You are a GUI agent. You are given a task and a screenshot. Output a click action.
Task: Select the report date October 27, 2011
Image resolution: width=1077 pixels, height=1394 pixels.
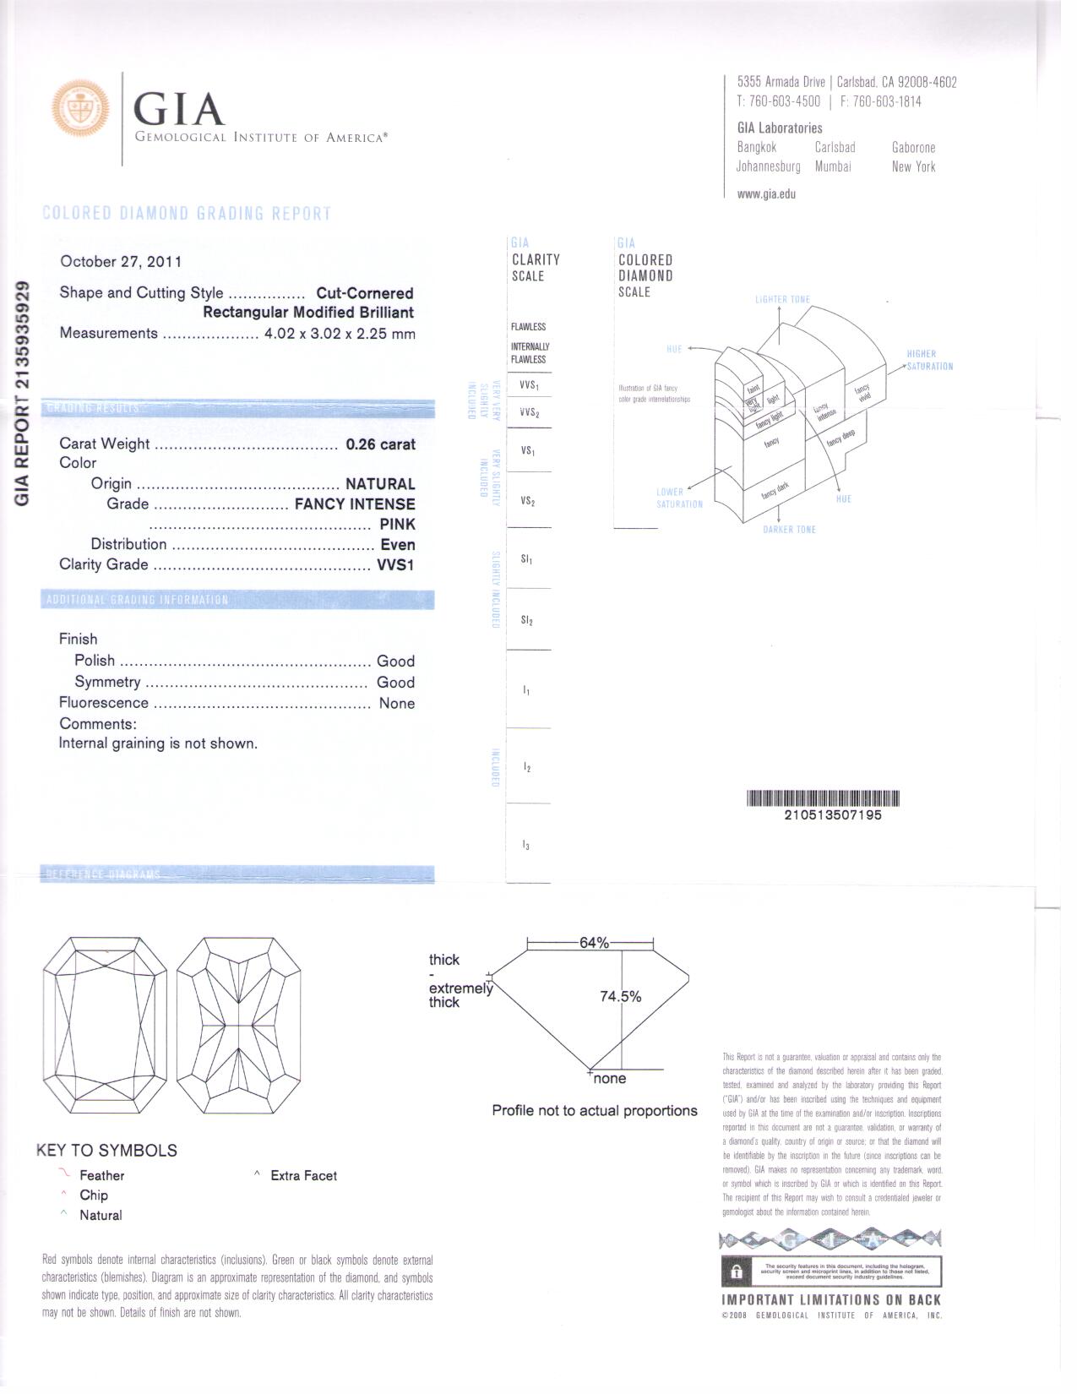(x=121, y=262)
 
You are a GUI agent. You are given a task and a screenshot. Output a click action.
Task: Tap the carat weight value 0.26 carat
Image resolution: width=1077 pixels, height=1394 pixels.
(x=380, y=444)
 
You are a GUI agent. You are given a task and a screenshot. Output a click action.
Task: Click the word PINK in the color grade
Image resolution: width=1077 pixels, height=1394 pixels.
(x=397, y=525)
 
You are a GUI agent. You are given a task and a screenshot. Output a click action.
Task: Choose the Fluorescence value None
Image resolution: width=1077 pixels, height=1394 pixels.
(x=396, y=704)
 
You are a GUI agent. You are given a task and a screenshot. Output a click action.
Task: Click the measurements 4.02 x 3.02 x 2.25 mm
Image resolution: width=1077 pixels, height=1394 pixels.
(x=340, y=334)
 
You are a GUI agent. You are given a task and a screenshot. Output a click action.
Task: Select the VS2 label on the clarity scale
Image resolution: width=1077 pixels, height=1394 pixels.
(x=528, y=502)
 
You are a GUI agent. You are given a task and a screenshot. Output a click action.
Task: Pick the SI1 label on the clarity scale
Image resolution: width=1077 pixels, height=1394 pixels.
(x=527, y=560)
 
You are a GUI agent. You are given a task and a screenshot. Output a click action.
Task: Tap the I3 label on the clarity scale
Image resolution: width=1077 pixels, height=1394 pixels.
(x=526, y=846)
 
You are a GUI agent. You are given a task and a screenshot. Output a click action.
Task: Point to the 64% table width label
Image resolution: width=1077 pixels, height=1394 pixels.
(x=594, y=943)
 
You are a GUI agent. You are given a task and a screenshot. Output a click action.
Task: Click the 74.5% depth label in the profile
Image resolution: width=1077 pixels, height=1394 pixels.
(x=620, y=997)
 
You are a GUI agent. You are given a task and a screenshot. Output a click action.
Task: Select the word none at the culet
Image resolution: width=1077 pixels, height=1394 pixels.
(x=609, y=1079)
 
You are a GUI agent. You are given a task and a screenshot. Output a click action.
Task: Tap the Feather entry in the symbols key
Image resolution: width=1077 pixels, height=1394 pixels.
(x=101, y=1176)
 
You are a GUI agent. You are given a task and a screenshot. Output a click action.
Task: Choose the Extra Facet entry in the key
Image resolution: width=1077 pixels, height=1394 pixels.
(x=303, y=1176)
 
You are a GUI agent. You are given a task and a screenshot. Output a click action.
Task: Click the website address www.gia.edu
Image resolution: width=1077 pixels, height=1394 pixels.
(x=766, y=194)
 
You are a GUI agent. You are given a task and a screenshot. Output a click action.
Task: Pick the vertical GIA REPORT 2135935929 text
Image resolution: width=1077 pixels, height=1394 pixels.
(x=23, y=393)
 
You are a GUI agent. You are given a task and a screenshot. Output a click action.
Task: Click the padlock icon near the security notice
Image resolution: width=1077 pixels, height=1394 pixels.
(x=736, y=1271)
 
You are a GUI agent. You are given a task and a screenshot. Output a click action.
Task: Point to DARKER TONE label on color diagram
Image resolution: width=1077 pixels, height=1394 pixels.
(x=789, y=530)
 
